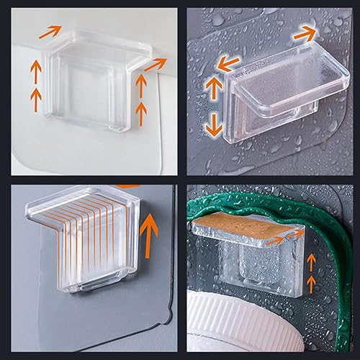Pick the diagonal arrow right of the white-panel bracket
point(153,66)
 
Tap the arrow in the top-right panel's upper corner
point(305,32)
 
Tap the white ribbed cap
point(244,323)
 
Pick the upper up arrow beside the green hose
point(312,263)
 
